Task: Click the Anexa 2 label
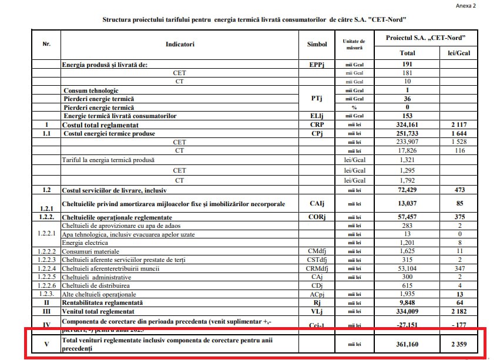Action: pos(466,5)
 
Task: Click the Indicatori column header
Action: pos(180,44)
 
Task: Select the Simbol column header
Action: pos(317,44)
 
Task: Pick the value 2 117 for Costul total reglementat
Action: pos(459,125)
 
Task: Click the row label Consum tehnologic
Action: pos(91,90)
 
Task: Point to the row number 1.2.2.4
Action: pos(46,268)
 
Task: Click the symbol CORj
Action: pos(317,217)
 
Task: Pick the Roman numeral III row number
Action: pos(46,311)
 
